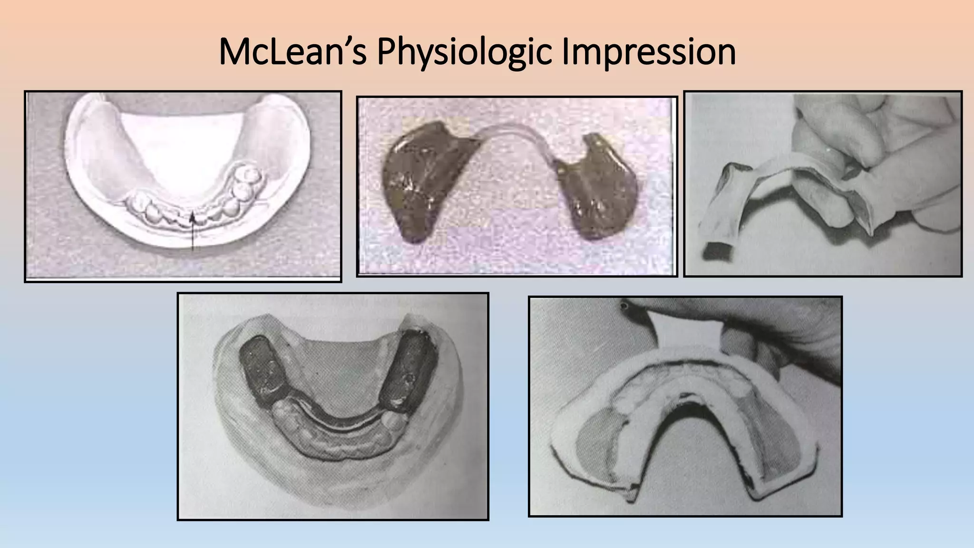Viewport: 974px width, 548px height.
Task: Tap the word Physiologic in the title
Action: tap(465, 52)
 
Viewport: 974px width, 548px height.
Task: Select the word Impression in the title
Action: tap(648, 52)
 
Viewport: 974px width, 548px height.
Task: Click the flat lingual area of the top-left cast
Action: tap(185, 152)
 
